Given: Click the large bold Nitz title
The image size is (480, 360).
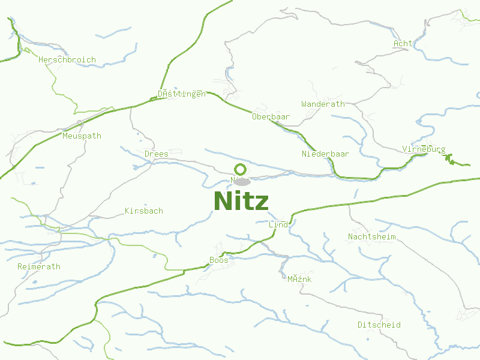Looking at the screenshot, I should [x=241, y=201].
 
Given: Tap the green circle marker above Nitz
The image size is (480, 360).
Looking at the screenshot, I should [x=240, y=169].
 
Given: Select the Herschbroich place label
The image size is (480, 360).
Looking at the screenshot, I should [x=67, y=60].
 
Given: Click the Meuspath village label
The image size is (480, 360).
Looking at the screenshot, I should [x=82, y=136].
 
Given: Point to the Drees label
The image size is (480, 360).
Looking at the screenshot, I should [x=156, y=154].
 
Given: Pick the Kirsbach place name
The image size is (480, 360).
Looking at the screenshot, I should [x=143, y=211].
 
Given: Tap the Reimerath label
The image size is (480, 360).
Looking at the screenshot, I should [x=39, y=266].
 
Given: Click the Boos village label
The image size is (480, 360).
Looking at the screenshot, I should [x=219, y=260].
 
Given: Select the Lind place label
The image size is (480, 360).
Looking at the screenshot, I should [x=278, y=225].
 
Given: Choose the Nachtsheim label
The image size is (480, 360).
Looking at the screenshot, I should [x=372, y=237].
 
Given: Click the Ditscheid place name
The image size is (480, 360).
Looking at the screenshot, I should [x=379, y=325].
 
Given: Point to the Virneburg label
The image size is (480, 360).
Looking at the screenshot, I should [x=424, y=149].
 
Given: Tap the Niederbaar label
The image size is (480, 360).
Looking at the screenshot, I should [x=325, y=154].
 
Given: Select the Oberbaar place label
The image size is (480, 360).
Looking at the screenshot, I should [x=271, y=116].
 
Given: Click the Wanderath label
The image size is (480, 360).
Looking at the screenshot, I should [x=323, y=104].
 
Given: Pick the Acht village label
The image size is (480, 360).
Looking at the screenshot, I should [x=403, y=44].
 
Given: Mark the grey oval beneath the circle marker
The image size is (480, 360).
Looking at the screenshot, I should [x=242, y=181].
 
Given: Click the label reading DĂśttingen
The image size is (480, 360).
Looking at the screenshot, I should [x=181, y=94].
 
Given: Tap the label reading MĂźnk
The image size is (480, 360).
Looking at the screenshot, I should [x=299, y=280].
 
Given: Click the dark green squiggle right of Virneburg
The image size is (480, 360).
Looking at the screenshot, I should [x=449, y=159].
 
